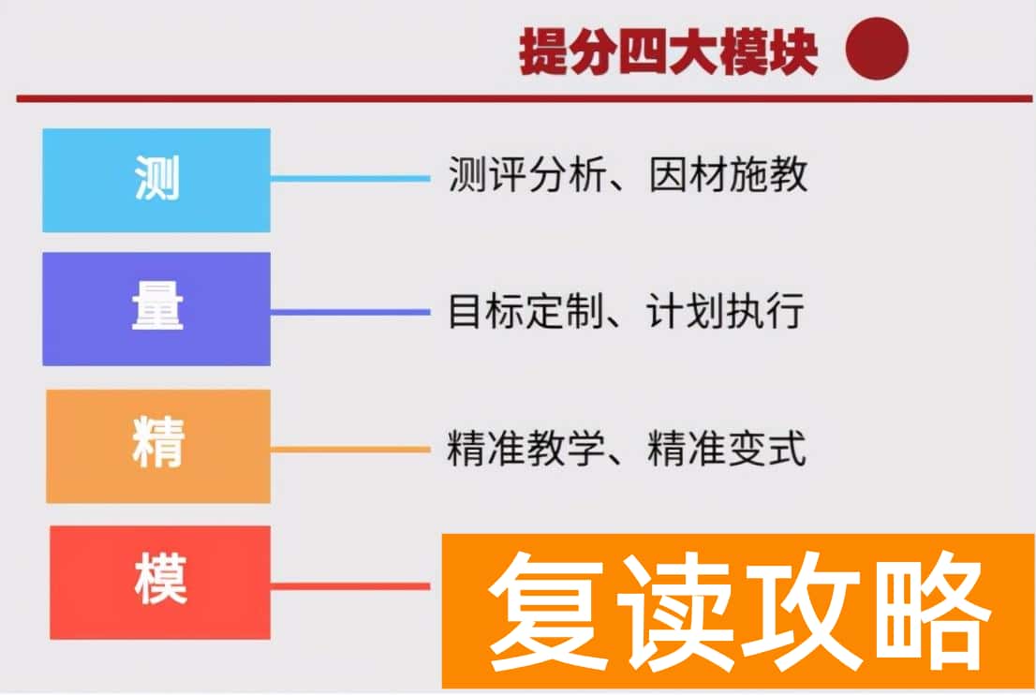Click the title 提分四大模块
[x=669, y=53]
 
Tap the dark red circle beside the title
[x=877, y=50]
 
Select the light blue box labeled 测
[x=156, y=180]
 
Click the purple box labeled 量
[x=156, y=309]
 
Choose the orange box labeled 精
[x=158, y=446]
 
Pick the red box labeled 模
[x=160, y=582]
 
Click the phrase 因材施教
[x=727, y=175]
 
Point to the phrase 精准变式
[x=727, y=449]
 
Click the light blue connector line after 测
[x=349, y=178]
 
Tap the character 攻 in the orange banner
[x=802, y=610]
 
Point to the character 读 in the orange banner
[x=676, y=610]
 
